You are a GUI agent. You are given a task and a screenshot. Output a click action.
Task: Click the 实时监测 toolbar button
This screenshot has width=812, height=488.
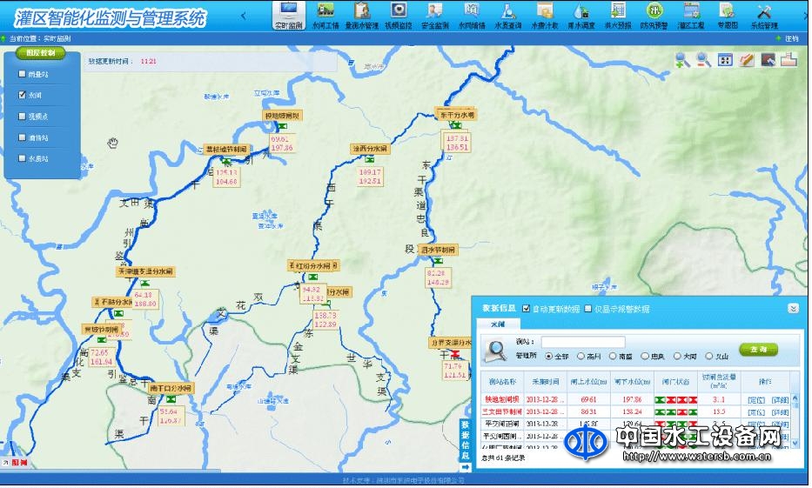[x=290, y=15]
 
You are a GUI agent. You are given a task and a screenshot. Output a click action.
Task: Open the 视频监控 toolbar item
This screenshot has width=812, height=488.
[x=399, y=15]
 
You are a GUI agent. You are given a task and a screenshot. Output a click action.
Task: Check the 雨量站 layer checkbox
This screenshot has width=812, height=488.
[x=23, y=75]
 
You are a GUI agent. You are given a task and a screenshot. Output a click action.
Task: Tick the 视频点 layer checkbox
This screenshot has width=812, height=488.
[x=23, y=117]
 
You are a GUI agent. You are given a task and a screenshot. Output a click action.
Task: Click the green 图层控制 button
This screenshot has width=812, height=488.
[x=40, y=53]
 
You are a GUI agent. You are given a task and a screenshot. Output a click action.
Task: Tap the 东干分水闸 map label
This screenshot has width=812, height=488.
[x=456, y=114]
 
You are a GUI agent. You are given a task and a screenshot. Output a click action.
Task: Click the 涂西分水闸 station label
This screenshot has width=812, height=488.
[x=370, y=149]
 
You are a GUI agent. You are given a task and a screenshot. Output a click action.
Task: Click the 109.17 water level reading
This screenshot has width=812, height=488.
[x=371, y=172]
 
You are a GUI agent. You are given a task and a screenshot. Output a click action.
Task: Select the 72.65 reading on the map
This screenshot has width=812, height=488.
[x=100, y=352]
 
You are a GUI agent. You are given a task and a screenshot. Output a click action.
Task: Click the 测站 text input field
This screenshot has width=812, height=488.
[x=582, y=342]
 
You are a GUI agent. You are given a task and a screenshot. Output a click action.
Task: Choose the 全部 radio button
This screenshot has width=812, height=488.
[x=549, y=356]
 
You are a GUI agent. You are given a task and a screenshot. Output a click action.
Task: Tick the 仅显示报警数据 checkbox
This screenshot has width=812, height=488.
[x=589, y=309]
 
